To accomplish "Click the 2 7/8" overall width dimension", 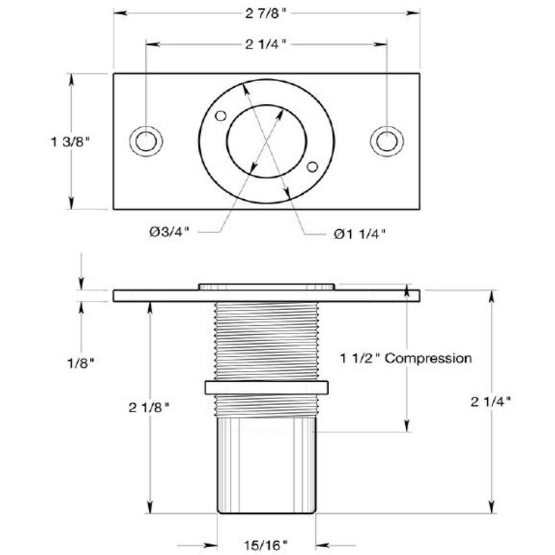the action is pyautogui.click(x=265, y=14).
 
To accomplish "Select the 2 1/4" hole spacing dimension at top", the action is pyautogui.click(x=265, y=44).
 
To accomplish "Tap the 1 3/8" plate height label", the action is pyautogui.click(x=70, y=142).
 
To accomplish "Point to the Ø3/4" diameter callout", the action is pyautogui.click(x=169, y=232).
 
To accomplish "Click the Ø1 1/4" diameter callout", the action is pyautogui.click(x=360, y=234).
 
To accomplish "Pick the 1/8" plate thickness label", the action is pyautogui.click(x=81, y=363).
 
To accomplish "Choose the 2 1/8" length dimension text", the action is pyautogui.click(x=149, y=407).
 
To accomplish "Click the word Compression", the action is pyautogui.click(x=428, y=358).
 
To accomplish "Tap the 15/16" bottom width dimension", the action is pyautogui.click(x=265, y=545).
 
